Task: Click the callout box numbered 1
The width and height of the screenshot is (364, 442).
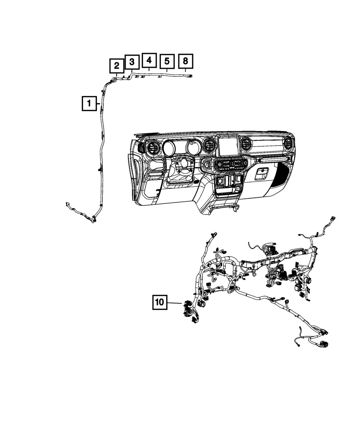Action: pos(89,103)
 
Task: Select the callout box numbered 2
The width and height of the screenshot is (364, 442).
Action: pos(116,66)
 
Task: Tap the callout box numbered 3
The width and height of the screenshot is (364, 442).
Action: pos(132,62)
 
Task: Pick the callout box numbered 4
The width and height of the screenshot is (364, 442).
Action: pos(149,60)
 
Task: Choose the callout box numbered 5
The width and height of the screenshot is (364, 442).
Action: pos(167,62)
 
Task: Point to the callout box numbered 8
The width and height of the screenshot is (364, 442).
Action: pos(185,61)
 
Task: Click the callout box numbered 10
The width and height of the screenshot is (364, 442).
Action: pos(160,302)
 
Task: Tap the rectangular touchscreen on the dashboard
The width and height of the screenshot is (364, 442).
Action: pos(229,146)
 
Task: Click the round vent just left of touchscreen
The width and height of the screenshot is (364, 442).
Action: pos(209,145)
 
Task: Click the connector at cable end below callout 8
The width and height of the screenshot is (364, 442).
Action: pos(190,76)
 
